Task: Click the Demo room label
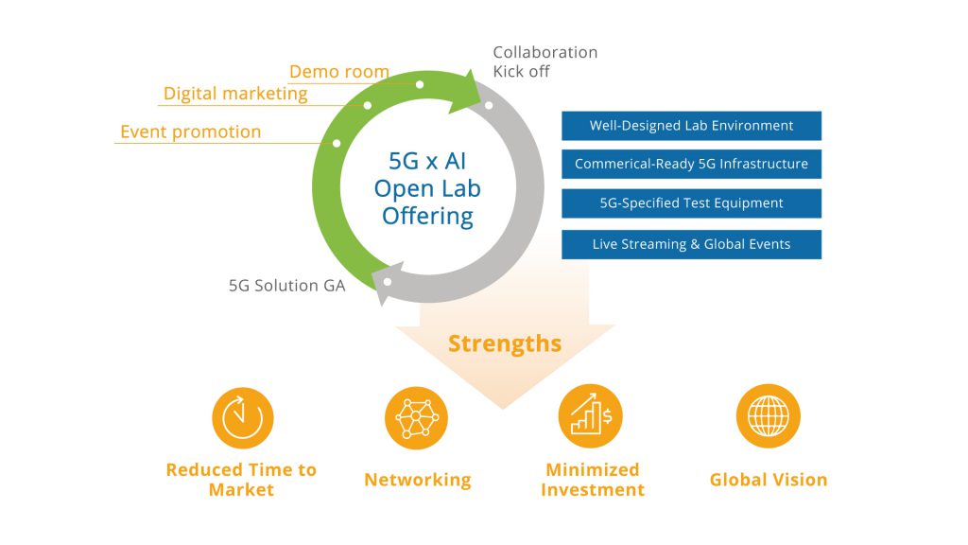339,72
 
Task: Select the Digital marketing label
235,94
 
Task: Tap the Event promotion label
190,132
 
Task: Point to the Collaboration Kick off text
545,62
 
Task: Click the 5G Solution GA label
287,286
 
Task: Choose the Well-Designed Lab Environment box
691,126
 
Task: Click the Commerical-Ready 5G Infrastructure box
691,164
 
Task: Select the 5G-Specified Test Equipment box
691,203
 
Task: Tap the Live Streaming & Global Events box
691,244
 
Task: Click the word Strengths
505,343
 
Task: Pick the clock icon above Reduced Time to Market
243,417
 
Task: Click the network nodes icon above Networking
417,417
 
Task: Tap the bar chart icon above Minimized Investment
591,416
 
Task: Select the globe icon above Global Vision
768,416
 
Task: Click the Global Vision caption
768,480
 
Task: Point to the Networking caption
417,480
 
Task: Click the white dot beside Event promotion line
337,144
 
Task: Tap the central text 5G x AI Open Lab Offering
427,188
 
